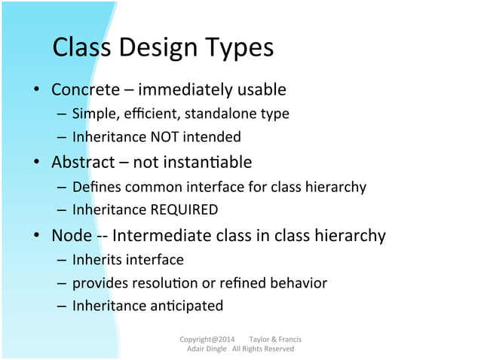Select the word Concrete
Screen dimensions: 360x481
(x=85, y=90)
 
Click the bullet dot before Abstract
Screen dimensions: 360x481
(x=35, y=163)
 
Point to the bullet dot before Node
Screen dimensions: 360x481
(x=35, y=236)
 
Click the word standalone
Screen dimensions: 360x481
(x=221, y=114)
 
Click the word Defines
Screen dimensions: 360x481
(x=94, y=187)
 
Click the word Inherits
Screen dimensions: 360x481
(x=95, y=260)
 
